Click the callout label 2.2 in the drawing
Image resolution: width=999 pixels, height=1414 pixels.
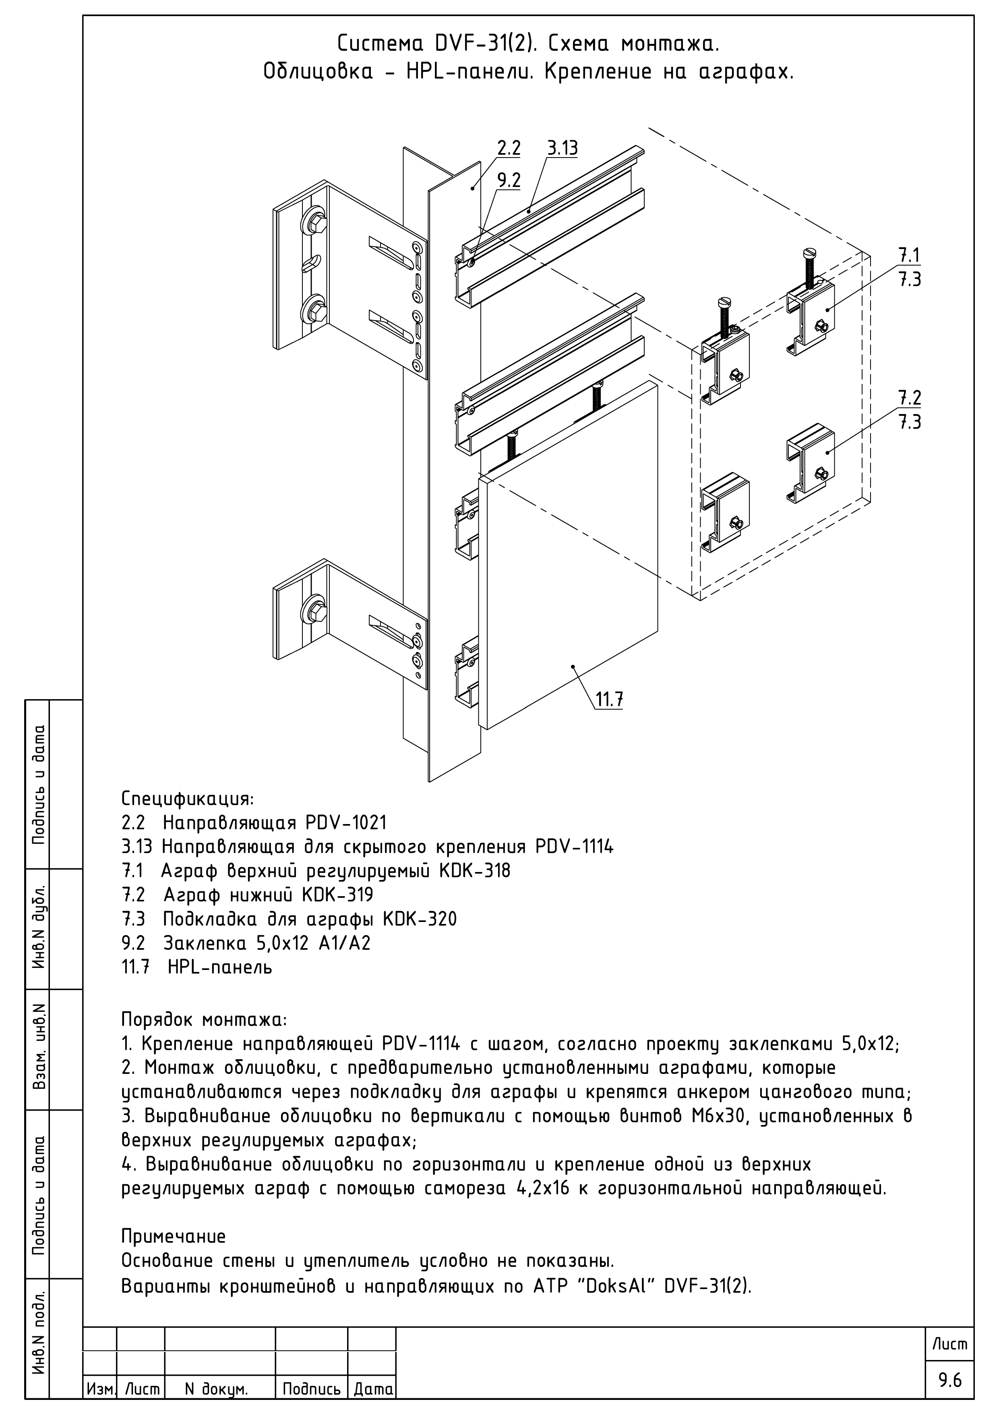click(x=509, y=148)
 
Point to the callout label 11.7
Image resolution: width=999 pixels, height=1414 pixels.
click(x=609, y=700)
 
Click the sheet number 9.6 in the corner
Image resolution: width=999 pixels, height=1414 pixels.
click(x=950, y=1380)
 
